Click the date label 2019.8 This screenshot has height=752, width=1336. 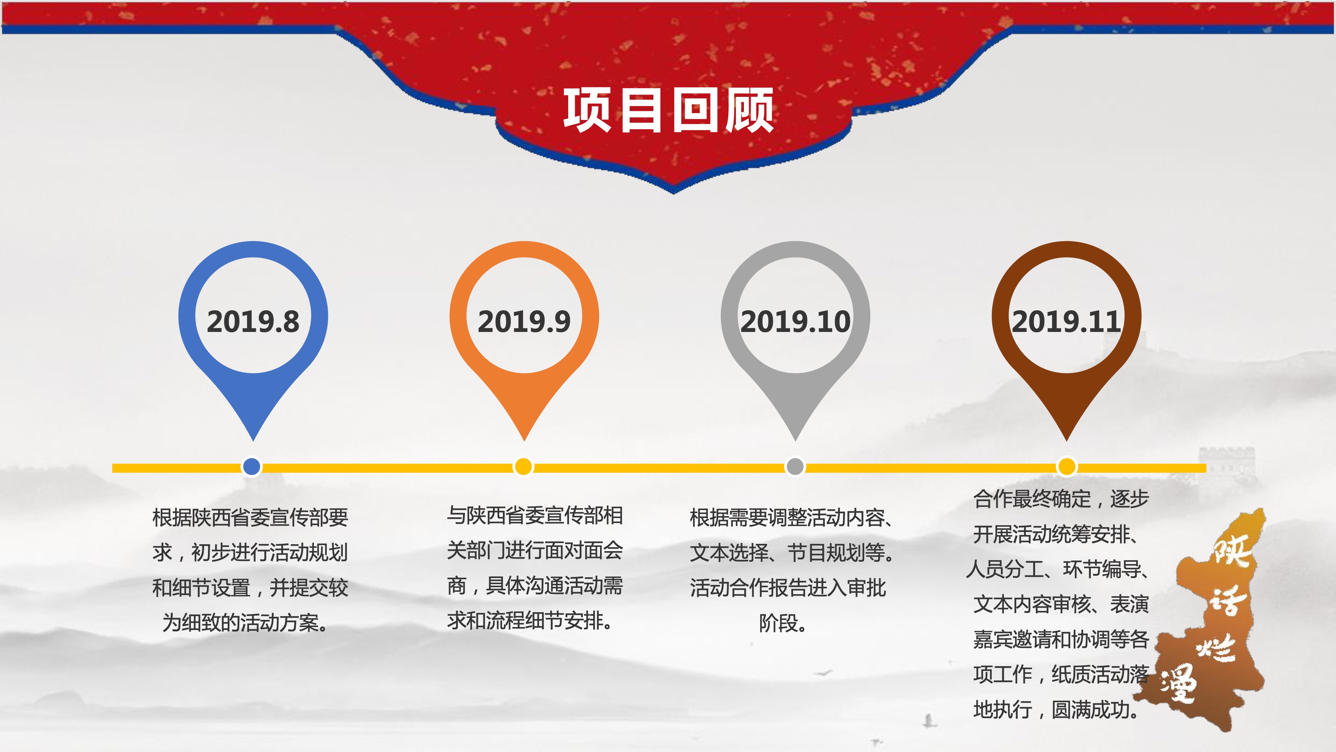(253, 321)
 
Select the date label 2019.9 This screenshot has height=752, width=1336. (524, 321)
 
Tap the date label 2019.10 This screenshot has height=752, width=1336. (795, 321)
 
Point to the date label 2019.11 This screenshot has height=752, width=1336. (1066, 321)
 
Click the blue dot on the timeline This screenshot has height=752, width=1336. (252, 466)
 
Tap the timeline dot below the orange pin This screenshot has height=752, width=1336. (523, 466)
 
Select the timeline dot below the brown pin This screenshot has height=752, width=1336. (1066, 466)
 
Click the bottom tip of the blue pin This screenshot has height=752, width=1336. (253, 442)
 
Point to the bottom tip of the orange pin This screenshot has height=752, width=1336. (524, 442)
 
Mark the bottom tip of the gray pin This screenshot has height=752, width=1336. (795, 442)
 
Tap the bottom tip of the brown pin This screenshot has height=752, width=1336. (1066, 442)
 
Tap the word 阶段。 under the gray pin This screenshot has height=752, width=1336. (783, 623)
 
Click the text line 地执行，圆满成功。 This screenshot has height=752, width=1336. (1056, 709)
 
